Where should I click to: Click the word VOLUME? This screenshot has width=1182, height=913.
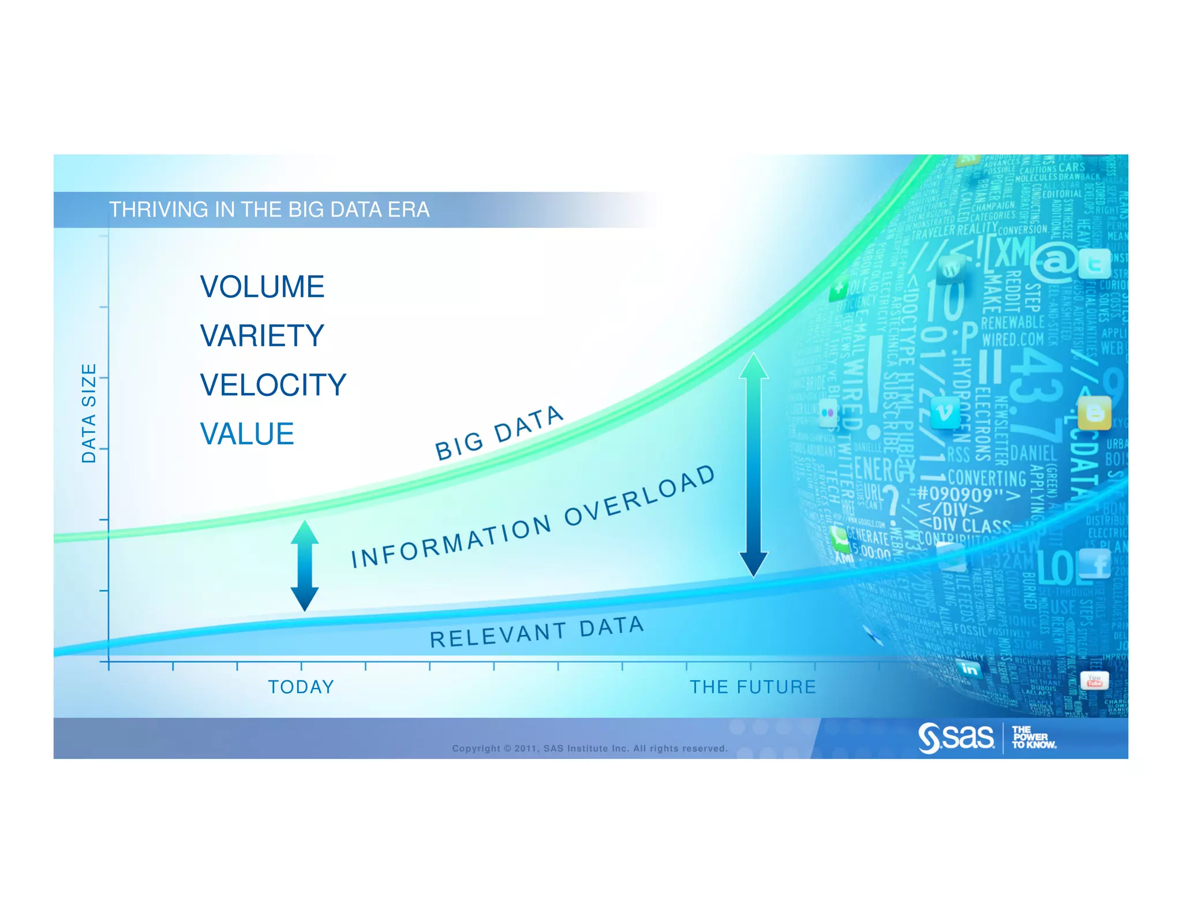pos(262,287)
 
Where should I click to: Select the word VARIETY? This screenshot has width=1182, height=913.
pos(262,336)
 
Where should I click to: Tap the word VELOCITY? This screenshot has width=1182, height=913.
pos(273,385)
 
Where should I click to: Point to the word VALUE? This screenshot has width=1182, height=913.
pos(247,434)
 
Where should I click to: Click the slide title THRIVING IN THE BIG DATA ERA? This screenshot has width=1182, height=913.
pos(269,209)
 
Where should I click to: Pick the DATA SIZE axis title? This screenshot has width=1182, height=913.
pos(88,413)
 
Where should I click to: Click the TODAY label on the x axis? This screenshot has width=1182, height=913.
pos(301,687)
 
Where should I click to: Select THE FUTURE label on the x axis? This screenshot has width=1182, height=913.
pos(753,687)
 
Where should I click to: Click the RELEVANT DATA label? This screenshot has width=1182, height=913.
pos(537,632)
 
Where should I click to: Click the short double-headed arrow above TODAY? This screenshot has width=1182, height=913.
pos(304,566)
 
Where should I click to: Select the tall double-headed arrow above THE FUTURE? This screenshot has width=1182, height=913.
pos(753,465)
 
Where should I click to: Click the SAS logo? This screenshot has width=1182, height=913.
pos(956,738)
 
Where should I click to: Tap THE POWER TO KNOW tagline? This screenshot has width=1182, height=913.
pos(1033,738)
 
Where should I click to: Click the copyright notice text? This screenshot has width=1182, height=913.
pos(589,749)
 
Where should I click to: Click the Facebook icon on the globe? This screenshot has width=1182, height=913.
pos(1095,563)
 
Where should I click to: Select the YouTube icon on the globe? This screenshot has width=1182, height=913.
pos(1094,681)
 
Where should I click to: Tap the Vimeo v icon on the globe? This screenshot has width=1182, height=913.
pos(945,413)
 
